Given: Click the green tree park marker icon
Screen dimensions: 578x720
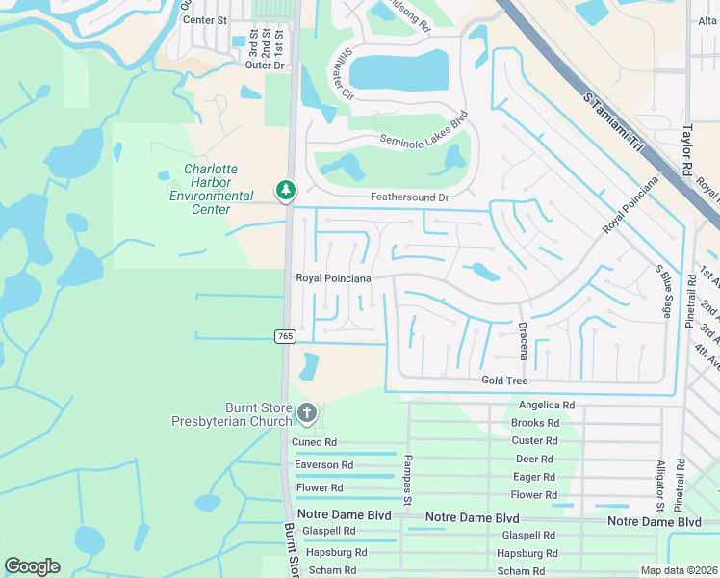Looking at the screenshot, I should tap(285, 190).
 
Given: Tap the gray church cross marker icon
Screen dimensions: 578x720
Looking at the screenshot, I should tap(307, 414).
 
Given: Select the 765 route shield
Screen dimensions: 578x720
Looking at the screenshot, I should tap(284, 335).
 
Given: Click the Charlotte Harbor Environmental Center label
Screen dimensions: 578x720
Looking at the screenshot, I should tap(211, 189).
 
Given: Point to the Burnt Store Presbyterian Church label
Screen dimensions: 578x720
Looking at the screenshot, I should tap(231, 414).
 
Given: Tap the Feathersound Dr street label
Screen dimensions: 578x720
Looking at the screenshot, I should tap(410, 197).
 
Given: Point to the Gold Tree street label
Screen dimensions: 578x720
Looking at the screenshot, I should tap(504, 381).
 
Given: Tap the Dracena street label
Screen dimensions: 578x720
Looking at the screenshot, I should tap(523, 341).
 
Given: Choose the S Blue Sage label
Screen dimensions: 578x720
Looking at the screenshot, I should tap(662, 292).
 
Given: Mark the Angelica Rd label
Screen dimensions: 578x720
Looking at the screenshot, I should tap(546, 406).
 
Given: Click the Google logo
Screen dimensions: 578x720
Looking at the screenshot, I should tap(32, 566).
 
